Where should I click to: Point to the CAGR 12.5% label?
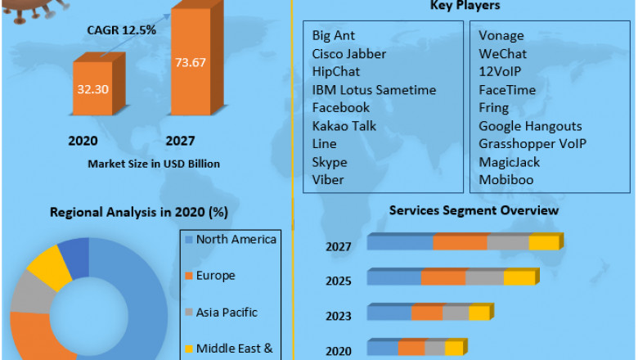click(121, 30)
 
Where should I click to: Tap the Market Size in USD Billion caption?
click(154, 164)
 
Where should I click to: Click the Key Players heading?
click(465, 6)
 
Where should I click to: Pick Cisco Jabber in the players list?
click(348, 54)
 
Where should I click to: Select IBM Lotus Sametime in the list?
click(374, 90)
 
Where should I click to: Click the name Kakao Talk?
click(345, 126)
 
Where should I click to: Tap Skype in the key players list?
click(330, 162)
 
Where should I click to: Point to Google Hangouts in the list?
click(530, 126)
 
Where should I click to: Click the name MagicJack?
click(509, 162)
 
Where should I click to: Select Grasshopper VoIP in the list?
click(532, 144)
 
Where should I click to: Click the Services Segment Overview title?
click(474, 210)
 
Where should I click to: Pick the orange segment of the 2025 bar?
click(443, 278)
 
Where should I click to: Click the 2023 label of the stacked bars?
click(338, 317)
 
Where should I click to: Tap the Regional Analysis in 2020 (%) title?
click(139, 213)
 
